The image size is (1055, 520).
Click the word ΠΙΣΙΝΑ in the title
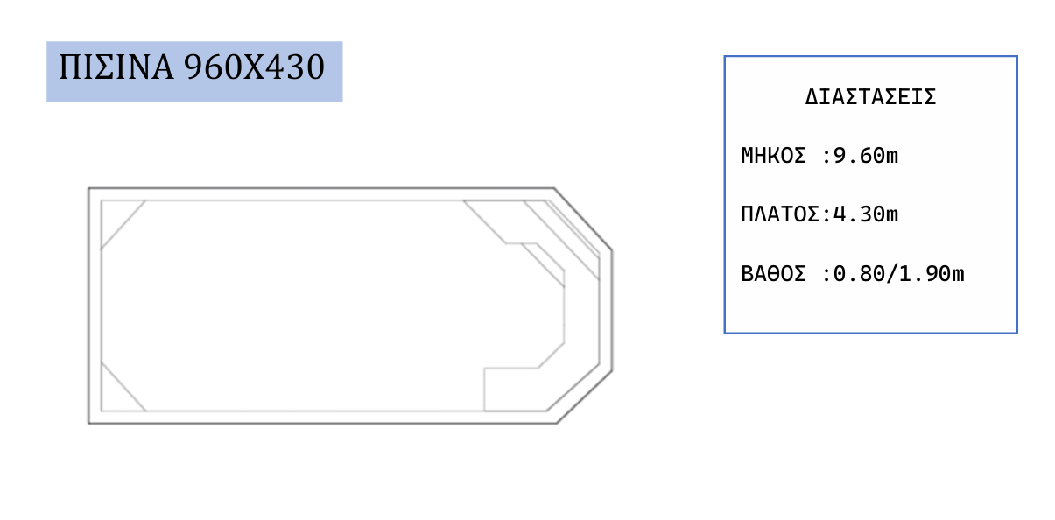coord(116,67)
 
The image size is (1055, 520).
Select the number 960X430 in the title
coord(254,67)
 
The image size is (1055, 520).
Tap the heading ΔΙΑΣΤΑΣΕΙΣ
coord(870,97)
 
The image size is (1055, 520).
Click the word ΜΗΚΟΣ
coord(773,156)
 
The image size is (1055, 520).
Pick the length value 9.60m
coord(866,156)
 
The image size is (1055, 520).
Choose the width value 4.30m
coord(866,214)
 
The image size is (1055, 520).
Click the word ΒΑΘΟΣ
coord(773,274)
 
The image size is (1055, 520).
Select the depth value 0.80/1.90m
coord(898,274)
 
